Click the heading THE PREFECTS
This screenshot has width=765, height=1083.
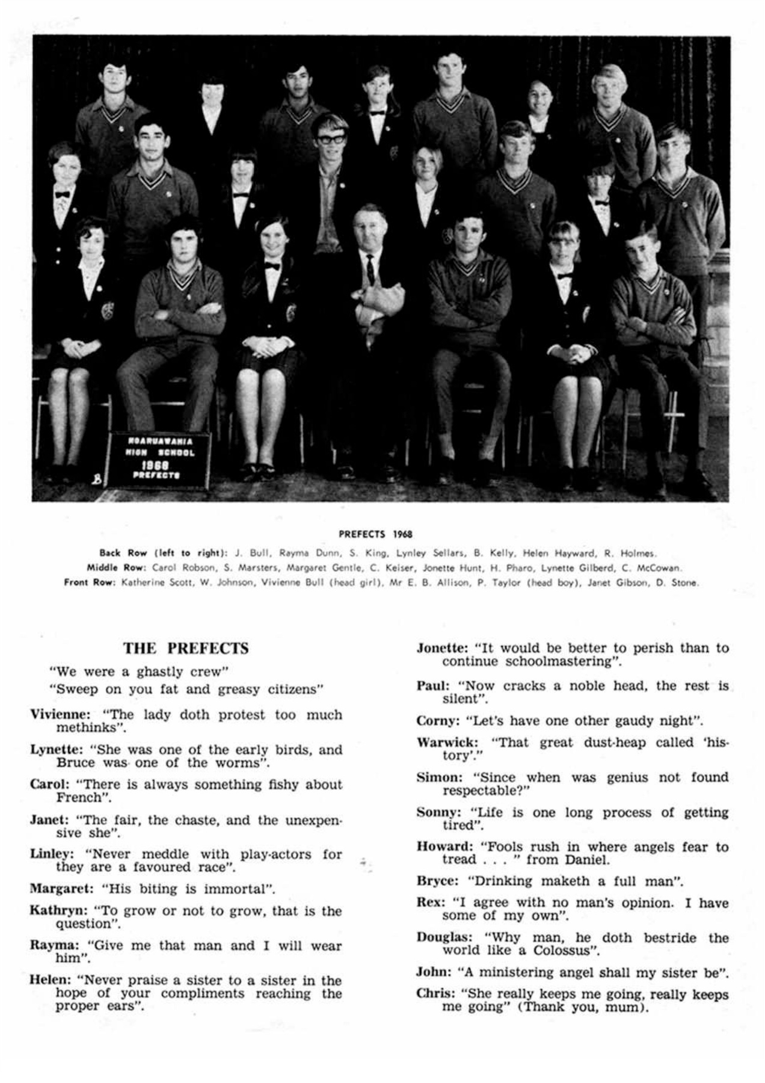point(186,649)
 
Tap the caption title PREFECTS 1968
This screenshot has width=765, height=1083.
point(375,534)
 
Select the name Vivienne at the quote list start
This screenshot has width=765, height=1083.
point(60,715)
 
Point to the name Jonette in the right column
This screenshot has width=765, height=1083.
point(441,648)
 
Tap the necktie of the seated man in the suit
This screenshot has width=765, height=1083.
point(370,269)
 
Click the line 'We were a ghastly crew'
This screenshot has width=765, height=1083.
point(140,671)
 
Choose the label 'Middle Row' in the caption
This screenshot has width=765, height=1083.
point(116,567)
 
